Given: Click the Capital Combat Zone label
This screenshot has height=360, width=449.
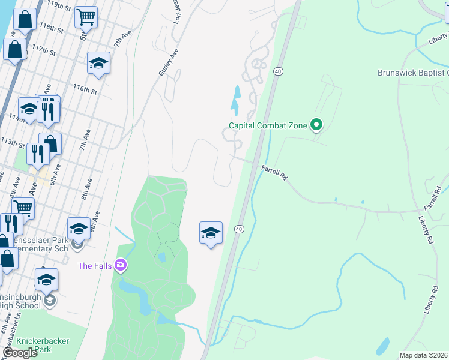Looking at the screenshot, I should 267,126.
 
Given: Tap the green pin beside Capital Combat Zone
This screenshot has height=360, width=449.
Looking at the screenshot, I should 316,125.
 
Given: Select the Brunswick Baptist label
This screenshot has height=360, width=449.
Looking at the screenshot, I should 412,73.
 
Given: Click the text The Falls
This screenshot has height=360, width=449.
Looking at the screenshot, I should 95,265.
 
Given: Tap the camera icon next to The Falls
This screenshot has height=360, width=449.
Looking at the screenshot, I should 121,265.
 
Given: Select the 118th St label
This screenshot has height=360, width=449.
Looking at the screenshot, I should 52,28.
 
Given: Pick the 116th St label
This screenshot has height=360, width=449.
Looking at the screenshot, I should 85,91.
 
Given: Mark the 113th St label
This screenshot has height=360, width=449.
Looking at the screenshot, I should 13,145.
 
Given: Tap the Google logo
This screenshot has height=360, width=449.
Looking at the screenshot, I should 20,353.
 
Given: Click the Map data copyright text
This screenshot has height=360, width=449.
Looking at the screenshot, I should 424,355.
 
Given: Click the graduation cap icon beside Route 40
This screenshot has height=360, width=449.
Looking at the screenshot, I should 211,232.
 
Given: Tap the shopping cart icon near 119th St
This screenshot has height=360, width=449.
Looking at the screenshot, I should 86,17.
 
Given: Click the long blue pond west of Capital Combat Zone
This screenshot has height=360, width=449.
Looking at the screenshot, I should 235,100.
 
